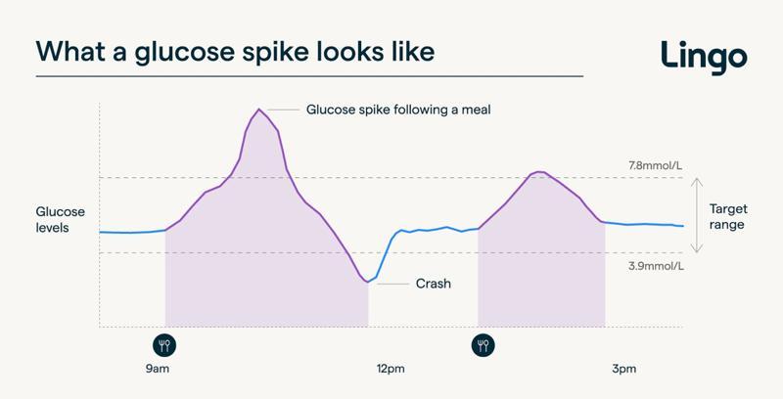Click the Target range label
coord(729,215)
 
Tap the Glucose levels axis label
coord(61,219)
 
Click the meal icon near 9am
coord(164,344)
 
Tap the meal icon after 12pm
coord(484,344)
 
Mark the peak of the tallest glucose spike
coord(258,109)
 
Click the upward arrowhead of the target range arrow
coord(696,182)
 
